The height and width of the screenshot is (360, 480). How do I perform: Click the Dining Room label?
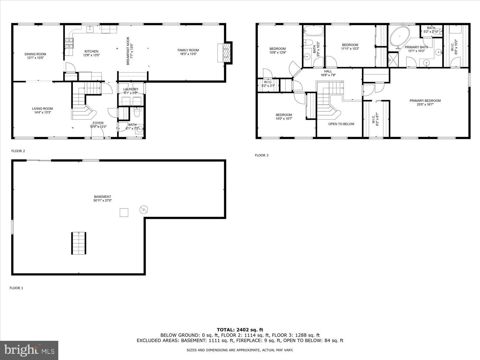click(x=35, y=54)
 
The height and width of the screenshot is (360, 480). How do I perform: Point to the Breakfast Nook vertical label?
click(x=128, y=51)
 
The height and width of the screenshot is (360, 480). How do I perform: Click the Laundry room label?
click(x=131, y=89)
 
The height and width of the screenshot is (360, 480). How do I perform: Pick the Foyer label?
click(x=98, y=123)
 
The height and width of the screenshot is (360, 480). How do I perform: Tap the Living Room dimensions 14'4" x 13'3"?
click(x=43, y=112)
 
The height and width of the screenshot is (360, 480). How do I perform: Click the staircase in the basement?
click(x=79, y=243)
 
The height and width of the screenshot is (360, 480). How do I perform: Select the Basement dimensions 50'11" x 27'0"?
click(x=103, y=201)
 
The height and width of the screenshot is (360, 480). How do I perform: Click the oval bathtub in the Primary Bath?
click(x=400, y=36)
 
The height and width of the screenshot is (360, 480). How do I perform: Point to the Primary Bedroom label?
click(x=425, y=101)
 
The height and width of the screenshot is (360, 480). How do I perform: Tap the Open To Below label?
click(x=341, y=124)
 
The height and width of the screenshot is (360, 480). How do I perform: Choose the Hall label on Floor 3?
click(x=328, y=71)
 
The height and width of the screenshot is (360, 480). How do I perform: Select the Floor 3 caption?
click(x=262, y=155)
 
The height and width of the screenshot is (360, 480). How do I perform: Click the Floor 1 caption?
click(x=16, y=288)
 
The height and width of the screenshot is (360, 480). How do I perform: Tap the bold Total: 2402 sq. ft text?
click(x=240, y=330)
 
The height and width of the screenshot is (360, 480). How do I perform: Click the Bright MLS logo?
click(x=29, y=350)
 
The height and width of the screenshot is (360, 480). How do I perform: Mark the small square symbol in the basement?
click(x=124, y=213)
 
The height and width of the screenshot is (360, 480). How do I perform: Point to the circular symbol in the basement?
click(x=143, y=209)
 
